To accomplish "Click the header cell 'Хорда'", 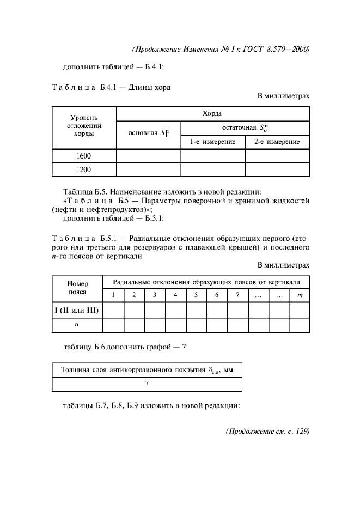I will click(213, 114).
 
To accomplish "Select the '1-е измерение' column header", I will click(213, 142).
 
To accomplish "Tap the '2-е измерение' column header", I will click(277, 142).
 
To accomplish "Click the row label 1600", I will click(84, 156).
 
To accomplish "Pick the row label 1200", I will click(84, 169).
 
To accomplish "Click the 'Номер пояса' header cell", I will click(77, 287).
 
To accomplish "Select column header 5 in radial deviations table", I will click(196, 295).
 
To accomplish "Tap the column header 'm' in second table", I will click(299, 295).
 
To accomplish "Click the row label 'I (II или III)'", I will click(77, 310).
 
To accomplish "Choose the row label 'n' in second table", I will click(77, 324).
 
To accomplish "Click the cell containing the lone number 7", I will click(147, 384).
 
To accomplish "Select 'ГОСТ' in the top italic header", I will click(252, 49).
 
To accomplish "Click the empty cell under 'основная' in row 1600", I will click(149, 156).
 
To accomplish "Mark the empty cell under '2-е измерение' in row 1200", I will click(277, 169).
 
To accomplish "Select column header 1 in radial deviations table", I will click(113, 295).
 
